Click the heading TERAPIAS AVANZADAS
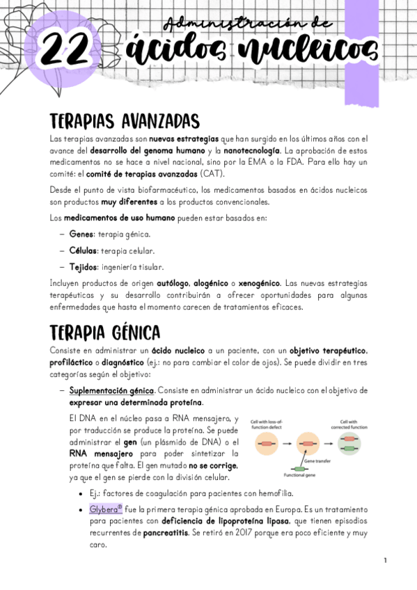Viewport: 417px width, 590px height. pos(125,121)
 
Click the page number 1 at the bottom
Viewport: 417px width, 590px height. pos(384,560)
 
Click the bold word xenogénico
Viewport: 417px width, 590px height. pos(259,284)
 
